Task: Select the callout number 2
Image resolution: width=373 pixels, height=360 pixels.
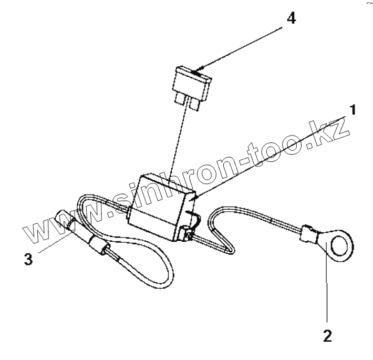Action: click(x=327, y=335)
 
